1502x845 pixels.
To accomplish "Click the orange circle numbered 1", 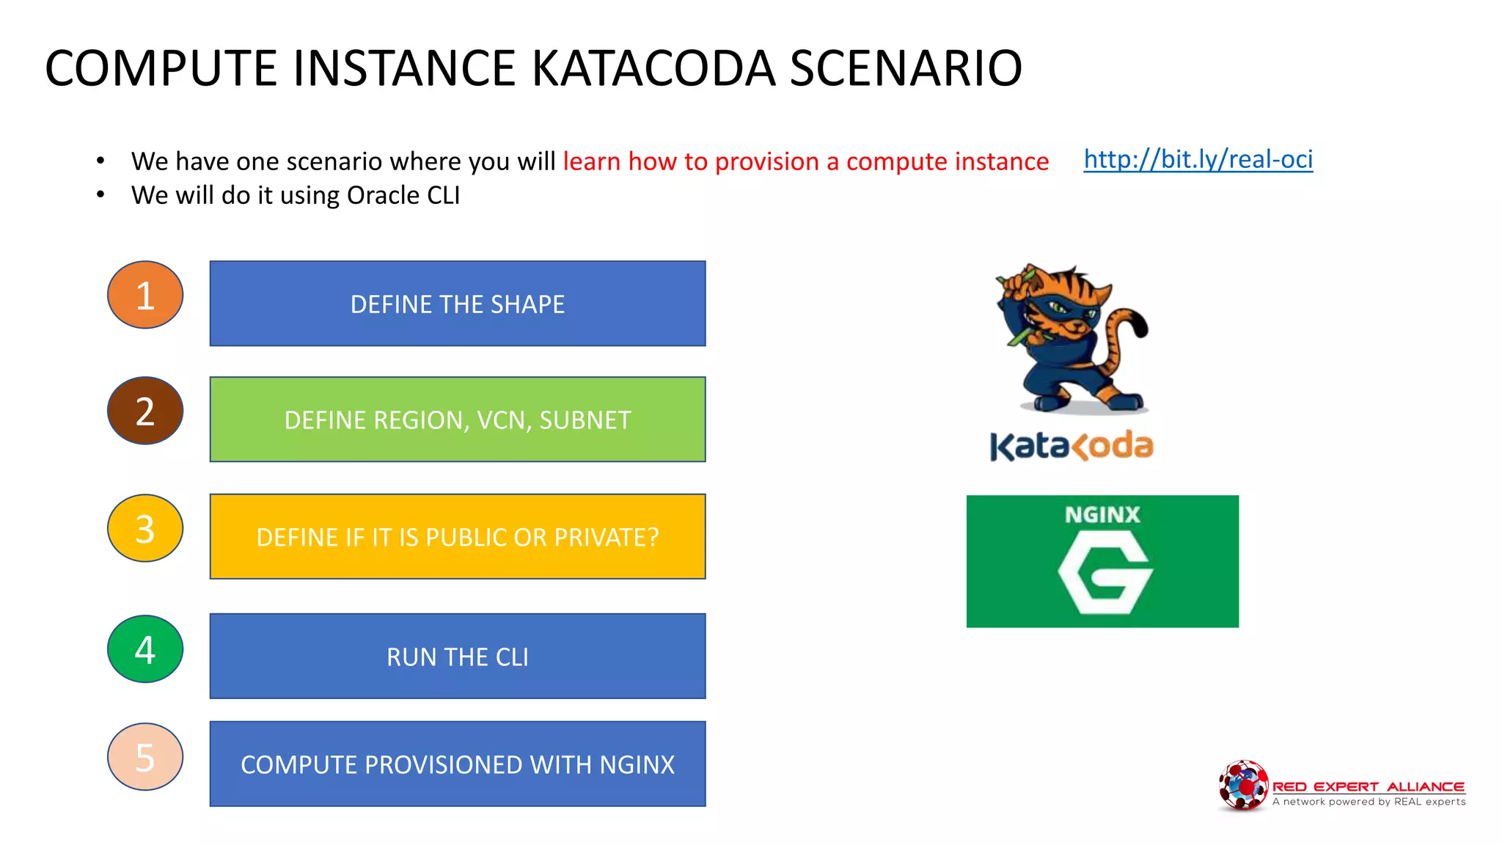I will [145, 295].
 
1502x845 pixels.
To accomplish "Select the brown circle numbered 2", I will [145, 411].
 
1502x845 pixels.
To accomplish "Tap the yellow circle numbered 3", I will [145, 528].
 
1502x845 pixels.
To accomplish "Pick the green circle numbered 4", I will [145, 649].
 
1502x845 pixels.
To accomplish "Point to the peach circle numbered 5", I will [145, 757].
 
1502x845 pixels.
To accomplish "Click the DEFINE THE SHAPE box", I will [458, 304].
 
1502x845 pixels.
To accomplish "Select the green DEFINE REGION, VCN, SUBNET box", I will [458, 420].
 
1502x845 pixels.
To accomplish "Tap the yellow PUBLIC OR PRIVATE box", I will [458, 537].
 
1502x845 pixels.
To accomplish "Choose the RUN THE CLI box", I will [458, 656].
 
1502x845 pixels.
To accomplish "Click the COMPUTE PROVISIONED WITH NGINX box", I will [458, 764].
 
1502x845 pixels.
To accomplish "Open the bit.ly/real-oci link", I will [1198, 159].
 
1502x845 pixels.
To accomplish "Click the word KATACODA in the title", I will [653, 68].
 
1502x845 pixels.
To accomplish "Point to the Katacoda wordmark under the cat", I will [1071, 446].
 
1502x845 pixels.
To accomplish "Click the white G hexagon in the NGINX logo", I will [1104, 573].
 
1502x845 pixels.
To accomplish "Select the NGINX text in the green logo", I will [1102, 514].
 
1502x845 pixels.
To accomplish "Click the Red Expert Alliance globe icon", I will [1242, 786].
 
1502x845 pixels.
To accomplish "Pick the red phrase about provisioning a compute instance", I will [805, 161].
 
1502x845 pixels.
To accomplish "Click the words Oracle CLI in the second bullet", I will [403, 196].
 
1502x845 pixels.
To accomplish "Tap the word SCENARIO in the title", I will [906, 68].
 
